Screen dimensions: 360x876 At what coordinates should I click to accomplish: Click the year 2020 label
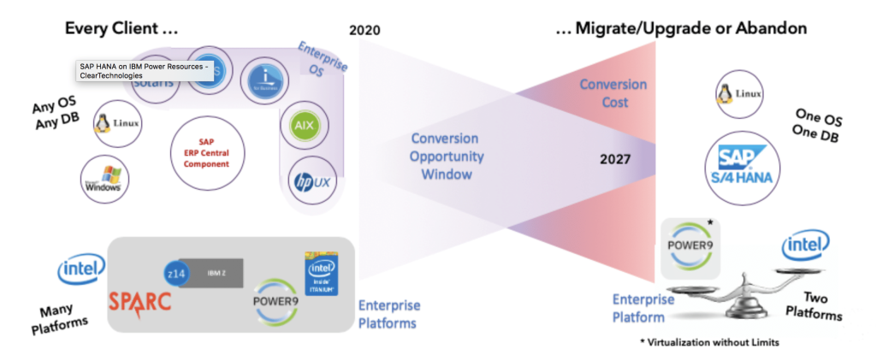(x=365, y=31)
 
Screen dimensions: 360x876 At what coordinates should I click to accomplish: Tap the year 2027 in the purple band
(x=616, y=159)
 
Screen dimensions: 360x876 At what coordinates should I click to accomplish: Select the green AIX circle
(x=302, y=124)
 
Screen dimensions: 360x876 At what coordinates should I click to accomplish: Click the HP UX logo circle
(x=312, y=181)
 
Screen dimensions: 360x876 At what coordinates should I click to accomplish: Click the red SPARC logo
(x=139, y=300)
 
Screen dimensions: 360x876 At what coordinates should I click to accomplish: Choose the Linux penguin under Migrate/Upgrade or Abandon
(x=738, y=93)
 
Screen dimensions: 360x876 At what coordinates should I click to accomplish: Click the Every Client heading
(x=121, y=28)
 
